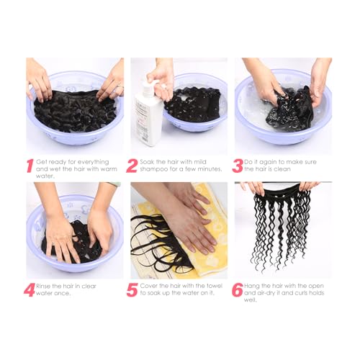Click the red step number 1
[30, 166]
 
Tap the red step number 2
[132, 166]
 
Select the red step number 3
[237, 166]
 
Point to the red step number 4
[30, 290]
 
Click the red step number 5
[132, 290]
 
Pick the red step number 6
[237, 290]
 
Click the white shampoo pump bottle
[150, 112]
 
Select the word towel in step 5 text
[212, 285]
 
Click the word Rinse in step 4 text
[45, 285]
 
